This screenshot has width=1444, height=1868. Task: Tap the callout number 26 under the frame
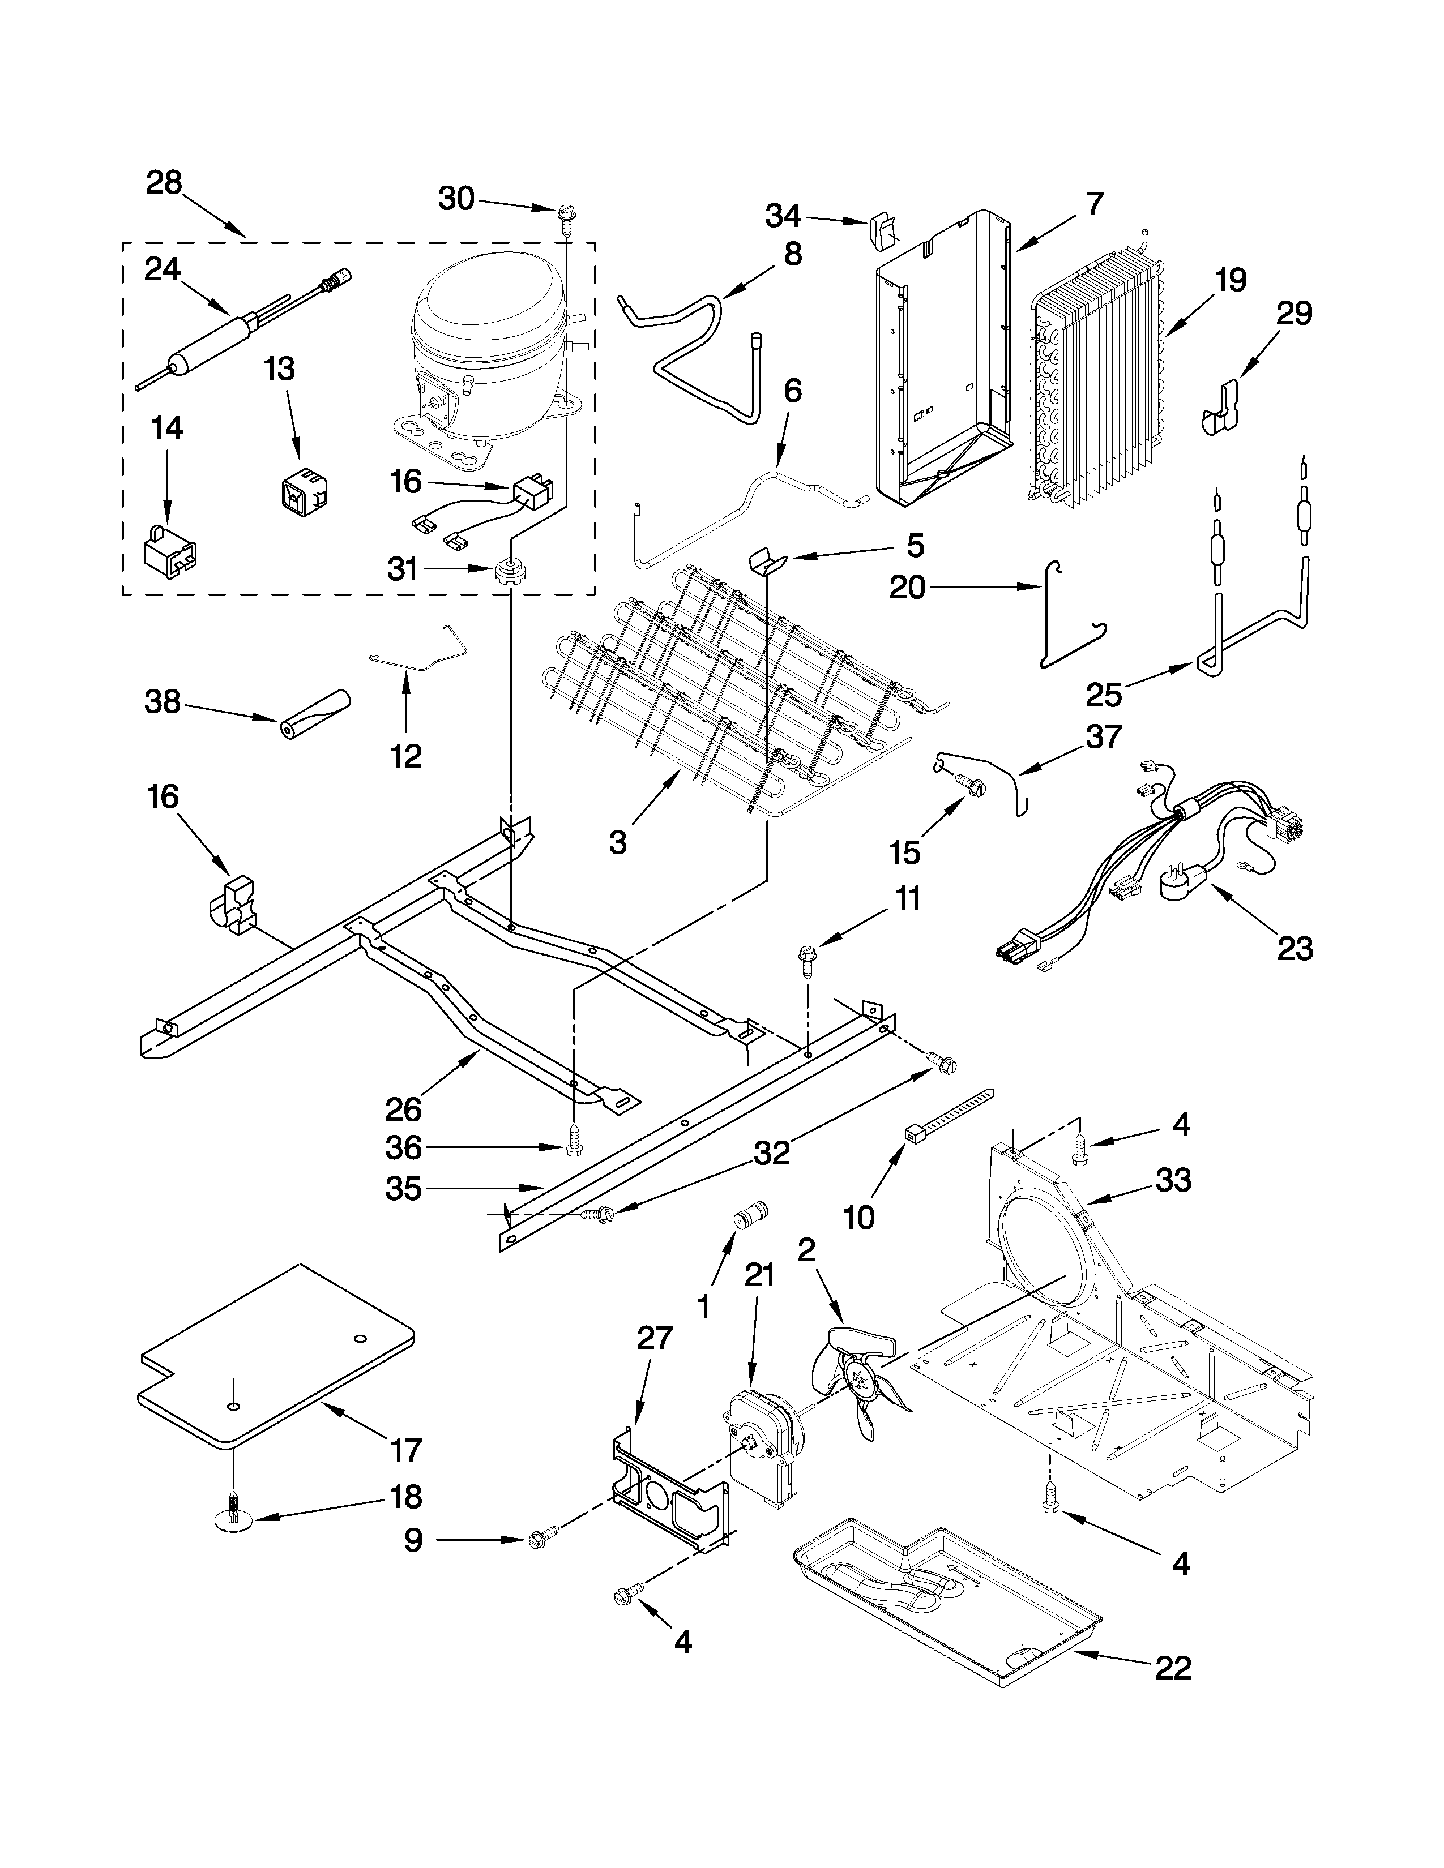pos(403,1109)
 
